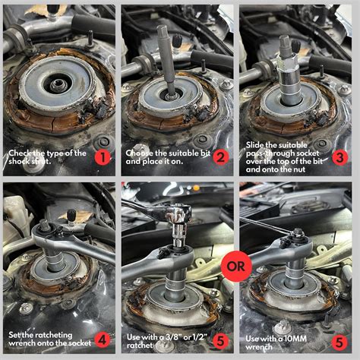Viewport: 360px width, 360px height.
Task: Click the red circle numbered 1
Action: click(103, 158)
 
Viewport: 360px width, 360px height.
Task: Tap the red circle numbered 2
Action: click(221, 158)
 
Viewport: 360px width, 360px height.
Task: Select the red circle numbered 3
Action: click(339, 157)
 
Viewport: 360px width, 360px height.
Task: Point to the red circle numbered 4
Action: click(103, 339)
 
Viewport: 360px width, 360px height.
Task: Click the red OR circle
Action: click(236, 267)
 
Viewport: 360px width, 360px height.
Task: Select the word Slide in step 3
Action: click(255, 145)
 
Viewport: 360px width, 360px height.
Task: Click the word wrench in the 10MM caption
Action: click(259, 347)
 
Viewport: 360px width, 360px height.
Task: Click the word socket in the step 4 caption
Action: click(79, 343)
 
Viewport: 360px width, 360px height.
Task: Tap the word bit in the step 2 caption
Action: click(205, 153)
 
